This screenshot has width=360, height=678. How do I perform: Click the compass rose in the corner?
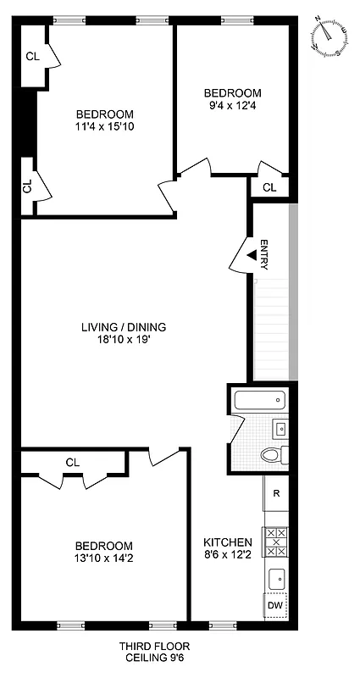click(330, 36)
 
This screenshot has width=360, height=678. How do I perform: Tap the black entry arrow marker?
click(252, 253)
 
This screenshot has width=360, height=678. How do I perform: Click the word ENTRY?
click(264, 254)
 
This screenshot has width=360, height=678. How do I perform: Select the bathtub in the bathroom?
click(259, 401)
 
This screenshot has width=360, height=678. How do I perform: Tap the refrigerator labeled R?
click(275, 491)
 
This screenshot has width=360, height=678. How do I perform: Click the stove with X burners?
click(275, 540)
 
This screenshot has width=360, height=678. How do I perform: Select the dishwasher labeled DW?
click(275, 605)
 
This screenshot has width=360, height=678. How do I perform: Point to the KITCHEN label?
click(227, 542)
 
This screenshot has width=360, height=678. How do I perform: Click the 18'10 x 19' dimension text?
click(124, 341)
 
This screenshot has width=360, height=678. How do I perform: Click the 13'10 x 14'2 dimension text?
click(103, 559)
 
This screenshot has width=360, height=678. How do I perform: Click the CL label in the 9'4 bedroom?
click(269, 187)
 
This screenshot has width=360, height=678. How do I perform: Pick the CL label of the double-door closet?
click(72, 462)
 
